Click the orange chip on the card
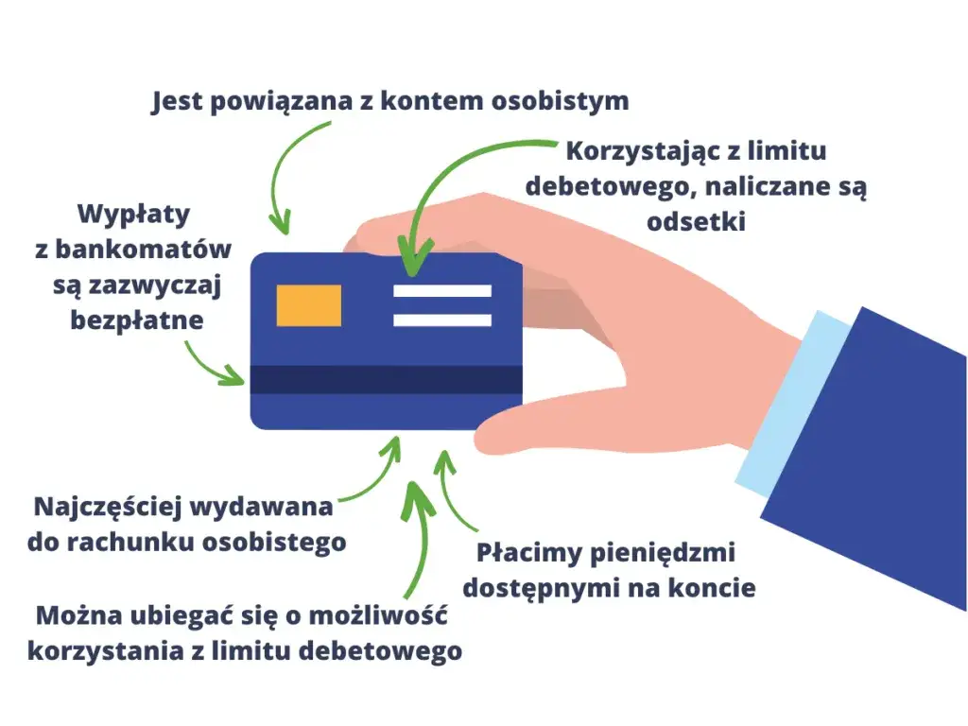pyautogui.click(x=308, y=305)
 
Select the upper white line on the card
pyautogui.click(x=442, y=291)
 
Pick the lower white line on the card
pyautogui.click(x=442, y=320)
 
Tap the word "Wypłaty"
pyautogui.click(x=134, y=215)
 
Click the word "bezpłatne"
pyautogui.click(x=137, y=320)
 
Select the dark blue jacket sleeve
pyautogui.click(x=870, y=454)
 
